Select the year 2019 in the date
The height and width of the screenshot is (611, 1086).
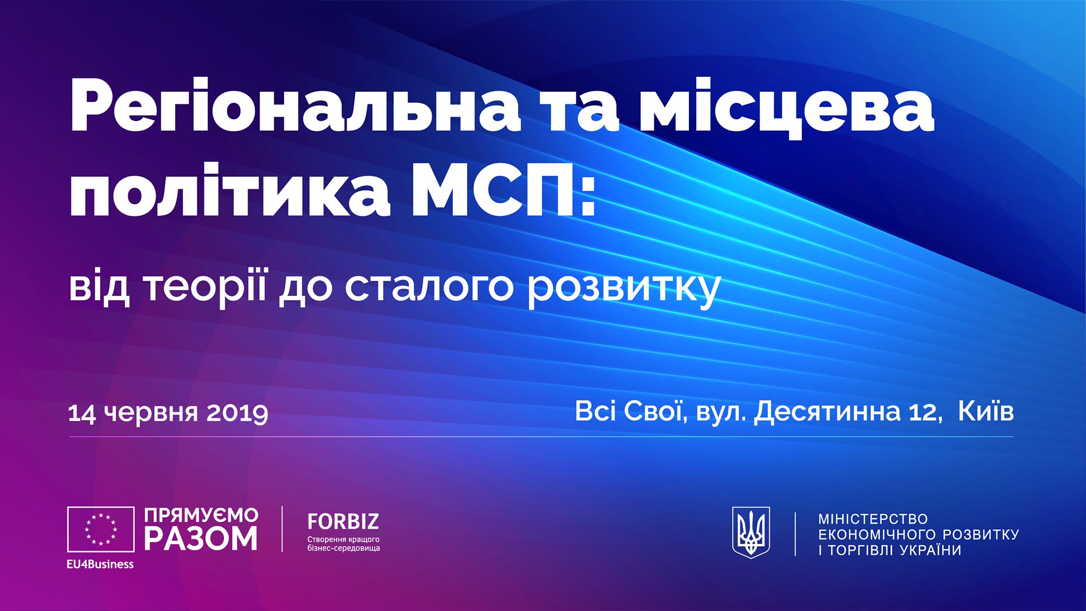pos(237,413)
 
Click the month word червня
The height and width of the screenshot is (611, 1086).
pos(152,413)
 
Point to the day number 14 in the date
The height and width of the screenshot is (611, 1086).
pos(82,413)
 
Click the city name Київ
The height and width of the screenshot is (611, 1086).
pos(986,411)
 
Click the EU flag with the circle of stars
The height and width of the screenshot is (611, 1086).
pos(101,529)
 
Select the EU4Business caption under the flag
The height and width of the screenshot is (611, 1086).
pos(100,564)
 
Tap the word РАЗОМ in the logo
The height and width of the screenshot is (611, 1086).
pos(201,539)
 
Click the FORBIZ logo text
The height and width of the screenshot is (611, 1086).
pos(343,522)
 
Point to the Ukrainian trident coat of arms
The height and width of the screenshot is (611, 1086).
pos(751,532)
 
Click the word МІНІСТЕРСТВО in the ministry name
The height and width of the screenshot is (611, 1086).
pos(873,519)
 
